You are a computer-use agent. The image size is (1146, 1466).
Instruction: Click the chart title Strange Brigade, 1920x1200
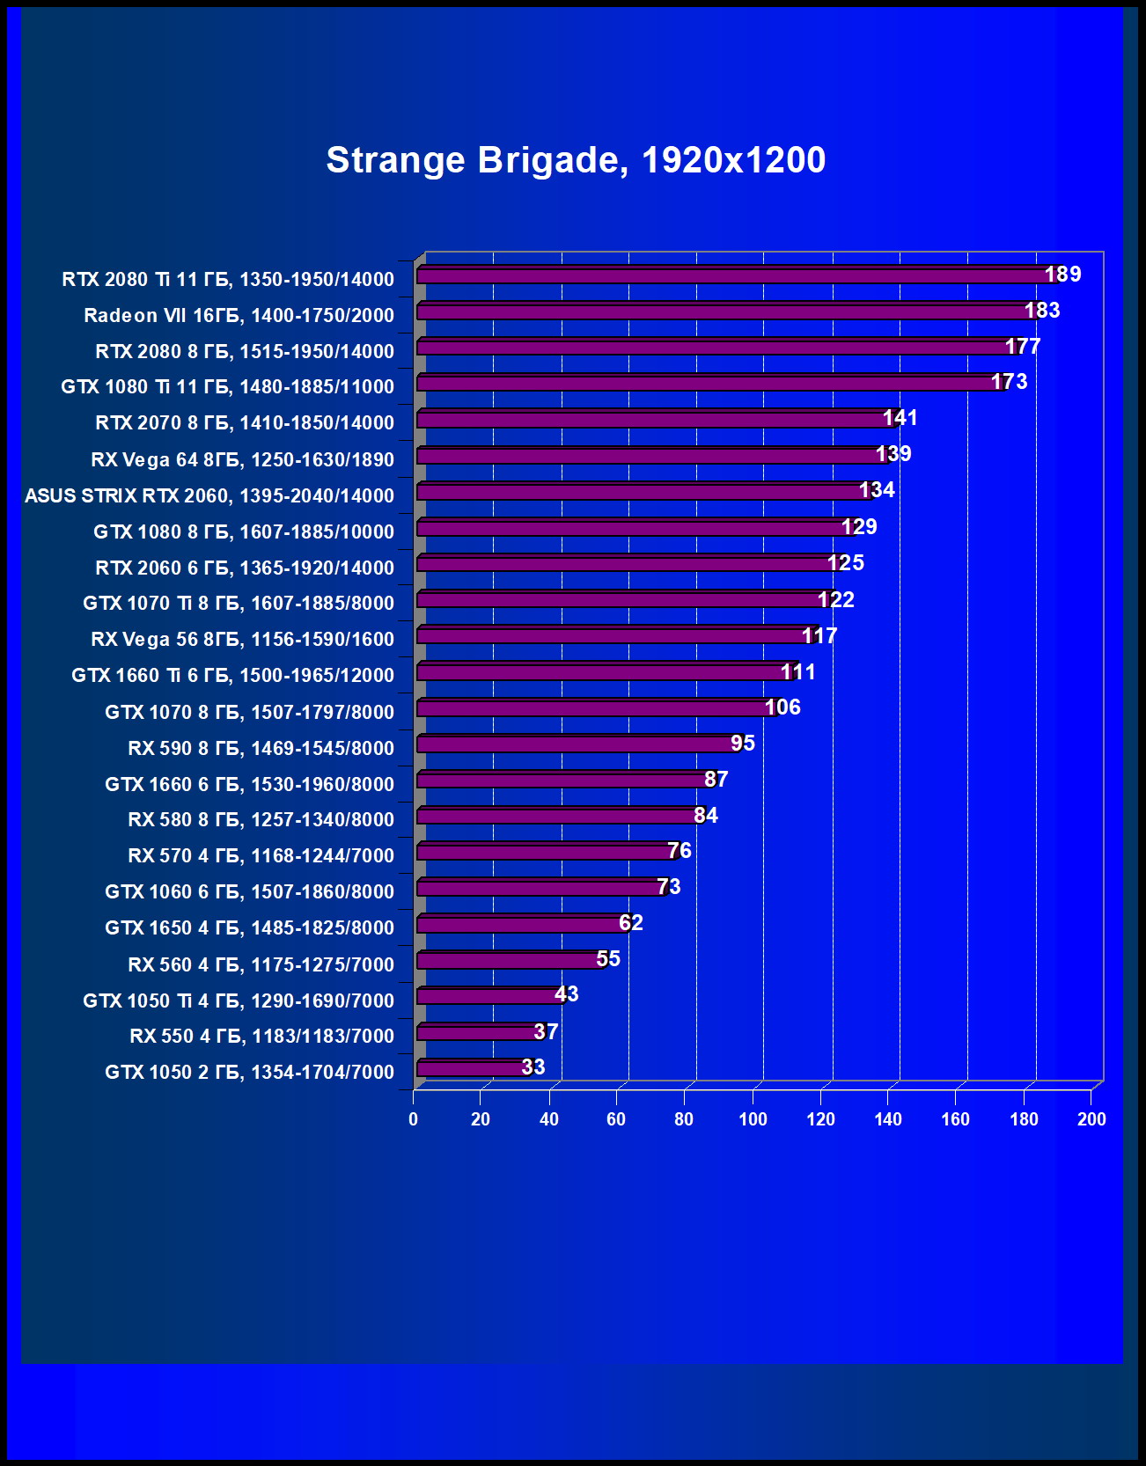576,160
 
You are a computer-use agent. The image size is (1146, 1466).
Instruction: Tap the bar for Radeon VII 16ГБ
722,312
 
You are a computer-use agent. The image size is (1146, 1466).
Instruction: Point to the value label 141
900,418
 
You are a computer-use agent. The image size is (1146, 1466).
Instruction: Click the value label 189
1062,275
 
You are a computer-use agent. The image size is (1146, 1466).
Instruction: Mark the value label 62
631,923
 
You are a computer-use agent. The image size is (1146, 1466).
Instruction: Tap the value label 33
533,1067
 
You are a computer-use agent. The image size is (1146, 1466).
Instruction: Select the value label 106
782,707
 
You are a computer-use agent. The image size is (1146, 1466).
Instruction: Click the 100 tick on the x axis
753,1119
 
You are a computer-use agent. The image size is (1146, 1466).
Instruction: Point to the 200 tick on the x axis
1091,1119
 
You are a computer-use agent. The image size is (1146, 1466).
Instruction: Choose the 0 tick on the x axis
413,1119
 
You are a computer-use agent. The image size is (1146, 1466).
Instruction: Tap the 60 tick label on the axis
616,1119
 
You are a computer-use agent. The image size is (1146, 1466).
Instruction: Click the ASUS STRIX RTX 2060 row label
209,495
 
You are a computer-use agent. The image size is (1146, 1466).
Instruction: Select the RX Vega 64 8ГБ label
242,459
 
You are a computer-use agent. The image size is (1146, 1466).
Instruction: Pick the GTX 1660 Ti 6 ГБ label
232,675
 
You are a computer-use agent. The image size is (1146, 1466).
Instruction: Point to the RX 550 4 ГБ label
261,1036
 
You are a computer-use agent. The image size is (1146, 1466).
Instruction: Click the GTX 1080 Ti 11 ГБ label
227,386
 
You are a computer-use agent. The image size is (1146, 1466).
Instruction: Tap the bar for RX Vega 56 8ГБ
616,635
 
